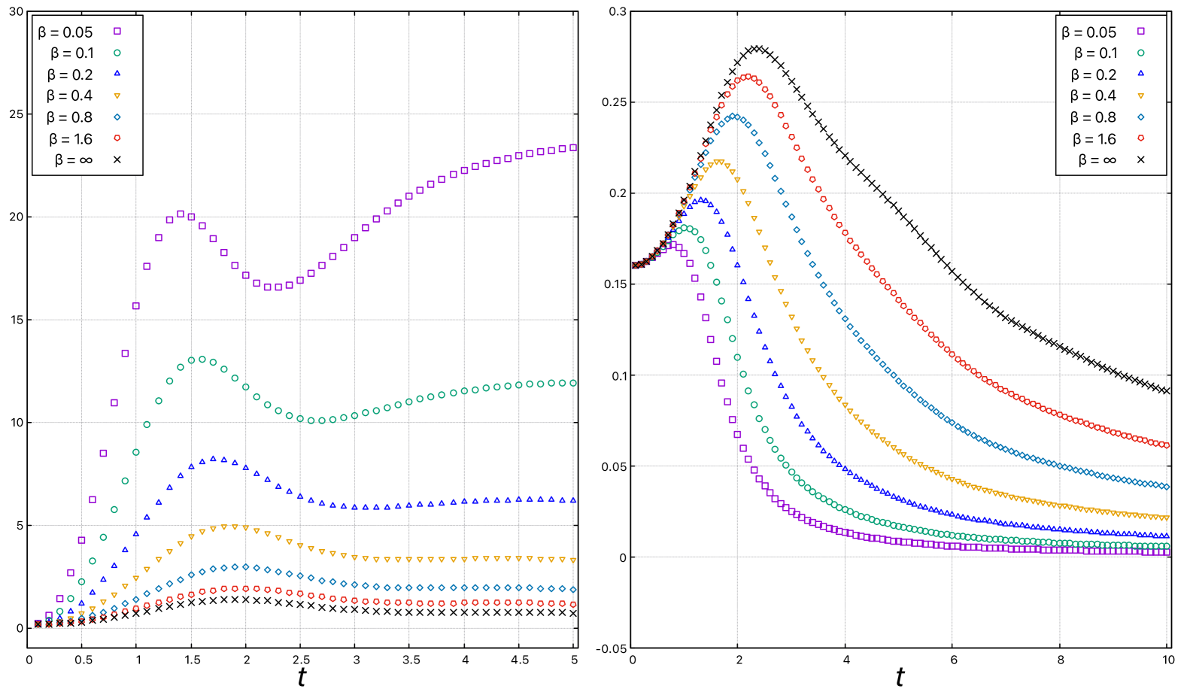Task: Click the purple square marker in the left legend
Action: tap(117, 31)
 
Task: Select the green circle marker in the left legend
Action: tap(117, 53)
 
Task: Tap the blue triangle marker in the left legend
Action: tap(117, 74)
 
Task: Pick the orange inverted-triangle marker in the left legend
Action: tap(117, 96)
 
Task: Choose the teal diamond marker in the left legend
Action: tap(117, 117)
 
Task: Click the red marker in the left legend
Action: tap(117, 138)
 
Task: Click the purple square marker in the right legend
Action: tap(1140, 31)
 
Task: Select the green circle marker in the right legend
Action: tap(1140, 53)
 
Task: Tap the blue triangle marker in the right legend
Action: tap(1140, 74)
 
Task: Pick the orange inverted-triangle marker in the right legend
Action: tap(1140, 96)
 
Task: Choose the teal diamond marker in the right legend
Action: tap(1140, 117)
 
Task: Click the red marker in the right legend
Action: tap(1140, 138)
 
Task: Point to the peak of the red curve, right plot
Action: tap(748, 77)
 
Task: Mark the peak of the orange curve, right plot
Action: tap(719, 162)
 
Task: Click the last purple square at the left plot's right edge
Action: tap(573, 148)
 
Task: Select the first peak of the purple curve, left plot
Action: tap(181, 214)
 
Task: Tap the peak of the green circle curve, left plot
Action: tap(202, 360)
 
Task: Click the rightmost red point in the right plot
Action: tap(1166, 445)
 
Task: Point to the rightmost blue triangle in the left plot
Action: tap(573, 500)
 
